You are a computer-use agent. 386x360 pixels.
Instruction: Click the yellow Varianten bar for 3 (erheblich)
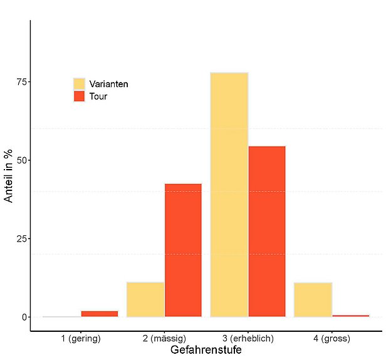(229, 194)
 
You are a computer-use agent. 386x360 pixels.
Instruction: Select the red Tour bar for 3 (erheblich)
(267, 231)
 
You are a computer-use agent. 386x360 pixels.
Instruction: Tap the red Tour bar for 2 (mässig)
(183, 250)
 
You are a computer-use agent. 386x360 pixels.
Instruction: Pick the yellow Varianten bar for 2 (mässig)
(145, 299)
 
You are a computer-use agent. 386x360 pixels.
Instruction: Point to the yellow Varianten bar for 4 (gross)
(313, 299)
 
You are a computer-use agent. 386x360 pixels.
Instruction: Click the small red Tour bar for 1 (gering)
(99, 314)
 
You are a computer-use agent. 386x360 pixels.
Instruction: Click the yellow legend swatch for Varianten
(79, 84)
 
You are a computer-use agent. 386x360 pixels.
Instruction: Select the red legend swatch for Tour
(79, 96)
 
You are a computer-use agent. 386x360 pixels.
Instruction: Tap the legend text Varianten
(108, 84)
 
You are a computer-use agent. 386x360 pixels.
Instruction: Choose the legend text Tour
(98, 96)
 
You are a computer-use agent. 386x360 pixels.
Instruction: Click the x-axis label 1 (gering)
(81, 339)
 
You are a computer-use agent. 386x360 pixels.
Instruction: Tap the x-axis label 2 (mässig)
(164, 339)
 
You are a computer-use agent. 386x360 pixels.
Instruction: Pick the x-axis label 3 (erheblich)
(248, 339)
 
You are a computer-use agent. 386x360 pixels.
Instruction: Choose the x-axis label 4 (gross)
(331, 339)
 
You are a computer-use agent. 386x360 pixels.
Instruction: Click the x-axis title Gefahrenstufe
(206, 351)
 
